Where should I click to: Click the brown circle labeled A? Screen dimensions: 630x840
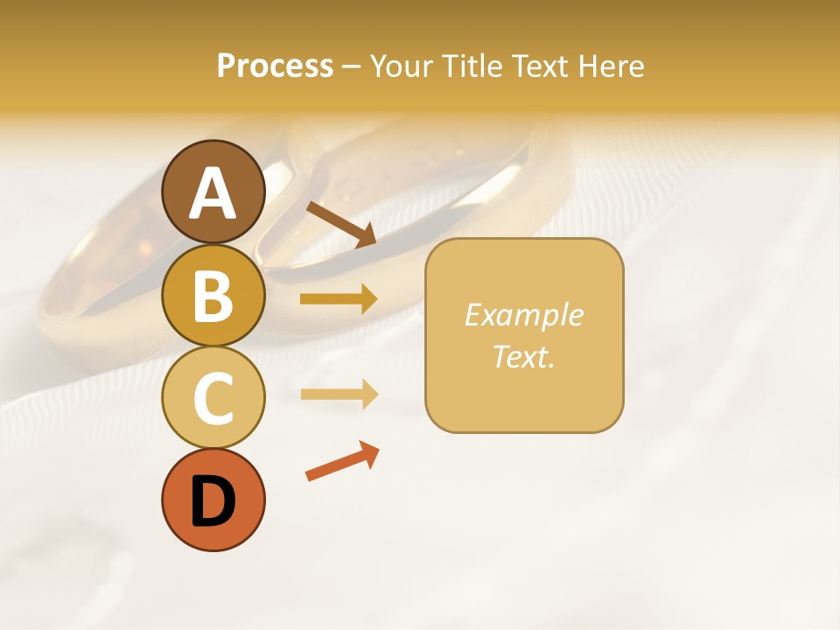213,192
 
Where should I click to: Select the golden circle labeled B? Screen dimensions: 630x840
213,295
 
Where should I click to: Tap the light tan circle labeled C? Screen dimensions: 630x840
213,398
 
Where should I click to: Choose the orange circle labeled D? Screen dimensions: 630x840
213,500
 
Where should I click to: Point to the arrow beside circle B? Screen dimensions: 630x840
339,299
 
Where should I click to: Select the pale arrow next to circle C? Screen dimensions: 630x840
339,395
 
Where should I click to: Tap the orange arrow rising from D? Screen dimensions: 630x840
342,461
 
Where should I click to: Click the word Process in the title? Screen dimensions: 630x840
275,66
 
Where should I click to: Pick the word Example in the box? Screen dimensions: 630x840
523,315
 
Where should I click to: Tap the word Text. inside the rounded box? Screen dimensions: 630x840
523,356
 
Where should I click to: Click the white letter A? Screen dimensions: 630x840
213,193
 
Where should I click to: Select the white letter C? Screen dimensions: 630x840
213,399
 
